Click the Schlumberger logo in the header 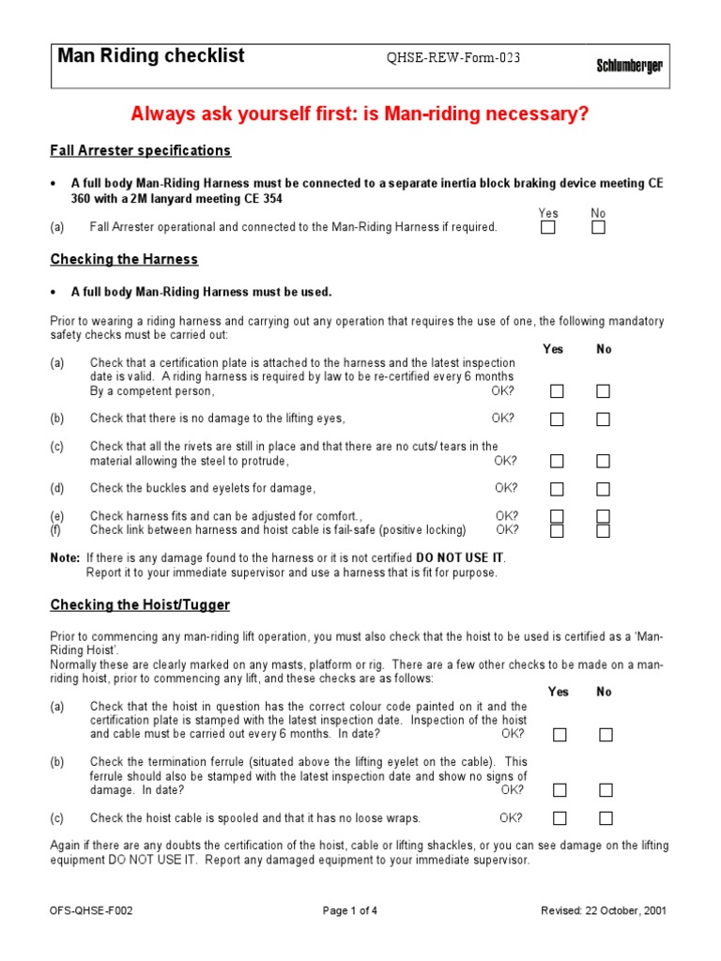point(629,66)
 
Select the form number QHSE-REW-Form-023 point(453,58)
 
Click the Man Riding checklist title point(151,56)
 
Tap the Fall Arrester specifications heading point(140,150)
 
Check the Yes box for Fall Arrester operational point(548,227)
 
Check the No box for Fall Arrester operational point(598,227)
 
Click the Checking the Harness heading point(124,259)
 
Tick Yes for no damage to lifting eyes point(558,419)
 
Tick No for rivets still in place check point(603,461)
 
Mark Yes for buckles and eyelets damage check point(558,489)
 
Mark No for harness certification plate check point(603,391)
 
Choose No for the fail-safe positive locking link point(603,531)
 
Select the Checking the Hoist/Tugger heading point(140,605)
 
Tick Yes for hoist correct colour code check point(560,735)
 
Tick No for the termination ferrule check point(606,790)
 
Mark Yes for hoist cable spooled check point(560,818)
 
